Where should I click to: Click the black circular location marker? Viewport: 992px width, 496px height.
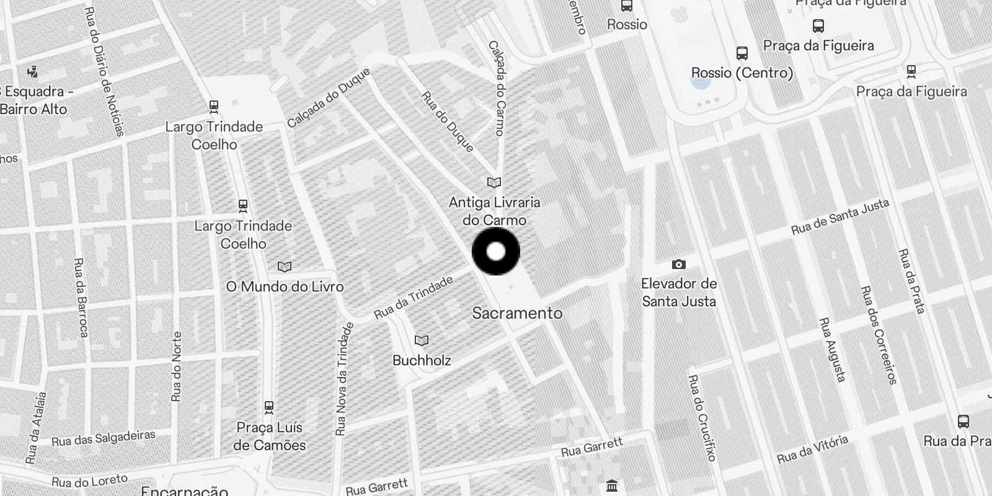496,251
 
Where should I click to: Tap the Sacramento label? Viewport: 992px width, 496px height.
517,313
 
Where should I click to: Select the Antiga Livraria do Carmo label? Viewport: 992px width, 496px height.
495,211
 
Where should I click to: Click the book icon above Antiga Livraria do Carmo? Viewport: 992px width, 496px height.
494,182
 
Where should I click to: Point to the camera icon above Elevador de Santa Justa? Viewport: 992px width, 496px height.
679,265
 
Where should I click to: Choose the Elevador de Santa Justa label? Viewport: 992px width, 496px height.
679,293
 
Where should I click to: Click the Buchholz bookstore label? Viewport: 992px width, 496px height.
422,360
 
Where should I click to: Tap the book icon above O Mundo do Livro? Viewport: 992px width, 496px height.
285,267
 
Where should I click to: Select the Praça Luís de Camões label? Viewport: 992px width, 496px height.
270,436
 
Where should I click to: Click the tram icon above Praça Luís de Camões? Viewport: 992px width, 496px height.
268,407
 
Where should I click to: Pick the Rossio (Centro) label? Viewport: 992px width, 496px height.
742,73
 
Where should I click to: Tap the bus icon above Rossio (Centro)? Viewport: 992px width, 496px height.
742,53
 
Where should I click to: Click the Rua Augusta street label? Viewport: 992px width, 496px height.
833,350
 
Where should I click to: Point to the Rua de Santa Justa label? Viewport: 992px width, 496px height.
840,217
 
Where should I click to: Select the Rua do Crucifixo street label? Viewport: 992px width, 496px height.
702,418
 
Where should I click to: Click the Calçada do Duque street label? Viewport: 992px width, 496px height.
329,97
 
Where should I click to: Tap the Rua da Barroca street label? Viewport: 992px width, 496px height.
81,298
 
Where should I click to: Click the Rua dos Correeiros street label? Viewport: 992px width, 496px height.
879,335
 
